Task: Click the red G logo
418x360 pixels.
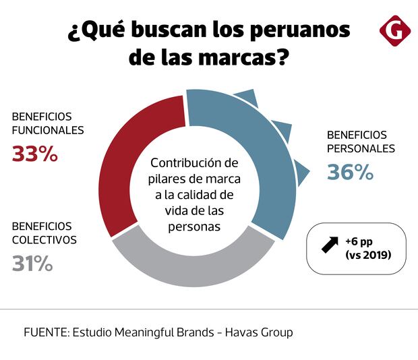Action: coord(394,31)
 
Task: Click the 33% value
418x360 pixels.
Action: coord(35,154)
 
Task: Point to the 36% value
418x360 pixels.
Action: coord(350,172)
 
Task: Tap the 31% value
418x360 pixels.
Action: coord(32,263)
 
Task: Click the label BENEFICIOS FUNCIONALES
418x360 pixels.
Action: coord(47,123)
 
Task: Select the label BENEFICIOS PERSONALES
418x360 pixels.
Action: coord(361,142)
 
